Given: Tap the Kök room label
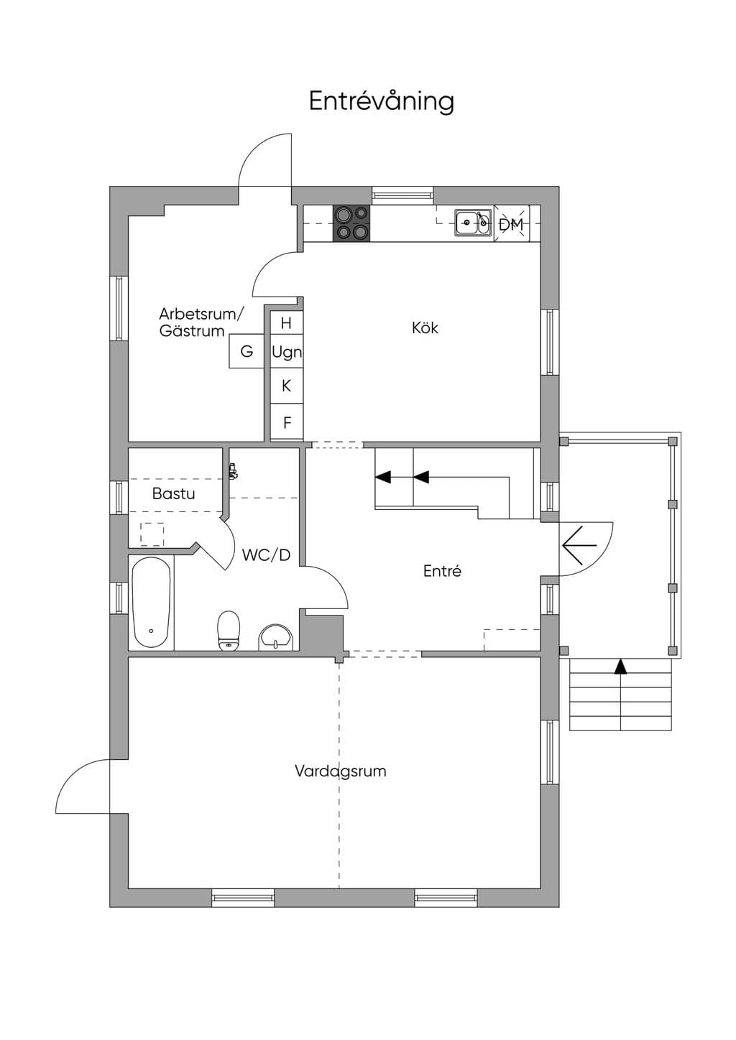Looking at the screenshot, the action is [425, 328].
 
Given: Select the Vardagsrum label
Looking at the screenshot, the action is [341, 771].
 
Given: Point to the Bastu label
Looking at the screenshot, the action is [173, 493].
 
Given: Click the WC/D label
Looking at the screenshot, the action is [266, 554].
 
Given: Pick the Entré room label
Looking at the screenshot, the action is [442, 570].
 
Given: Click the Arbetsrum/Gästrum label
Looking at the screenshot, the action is [201, 322].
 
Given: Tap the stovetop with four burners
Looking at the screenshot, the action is [351, 223].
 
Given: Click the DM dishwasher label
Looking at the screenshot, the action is [511, 225].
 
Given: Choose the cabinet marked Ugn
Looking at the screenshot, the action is [287, 351].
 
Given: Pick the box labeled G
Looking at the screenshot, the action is [247, 351].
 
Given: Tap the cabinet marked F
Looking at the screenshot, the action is [287, 422].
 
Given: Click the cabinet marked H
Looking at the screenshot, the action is [287, 322].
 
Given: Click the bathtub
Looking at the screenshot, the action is [150, 602].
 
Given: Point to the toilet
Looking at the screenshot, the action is [228, 630].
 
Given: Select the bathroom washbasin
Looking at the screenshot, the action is [276, 637].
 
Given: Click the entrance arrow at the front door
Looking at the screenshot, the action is [579, 545].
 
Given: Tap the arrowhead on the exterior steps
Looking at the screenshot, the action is [621, 667].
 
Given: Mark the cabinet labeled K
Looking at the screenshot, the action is [287, 386].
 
